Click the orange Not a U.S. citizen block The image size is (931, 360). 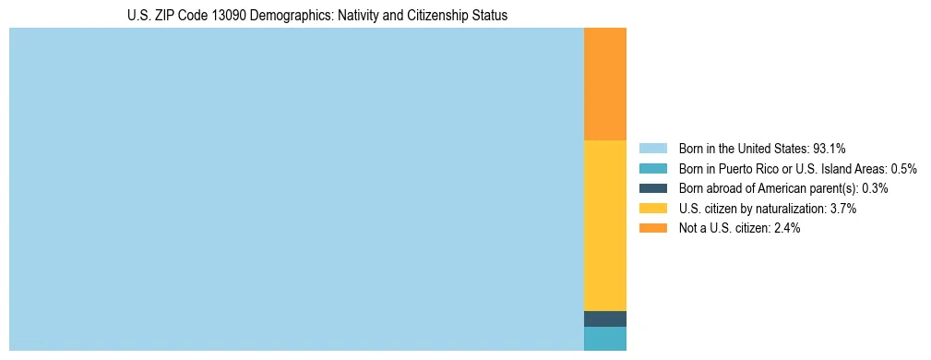pyautogui.click(x=605, y=83)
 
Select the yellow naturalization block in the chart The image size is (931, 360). pyautogui.click(x=605, y=225)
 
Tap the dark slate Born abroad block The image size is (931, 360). pyautogui.click(x=605, y=318)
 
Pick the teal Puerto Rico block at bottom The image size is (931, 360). pyautogui.click(x=605, y=339)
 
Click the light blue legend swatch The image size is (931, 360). pyautogui.click(x=652, y=148)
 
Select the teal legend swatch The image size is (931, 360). pyautogui.click(x=652, y=168)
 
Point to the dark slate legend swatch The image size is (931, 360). pyautogui.click(x=652, y=188)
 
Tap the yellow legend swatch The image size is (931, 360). pyautogui.click(x=652, y=209)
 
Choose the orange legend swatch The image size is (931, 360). pyautogui.click(x=652, y=228)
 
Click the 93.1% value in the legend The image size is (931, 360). pyautogui.click(x=830, y=148)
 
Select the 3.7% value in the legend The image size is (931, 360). pyautogui.click(x=843, y=209)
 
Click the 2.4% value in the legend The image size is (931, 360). pyautogui.click(x=786, y=228)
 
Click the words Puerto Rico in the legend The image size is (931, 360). pyautogui.click(x=746, y=168)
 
